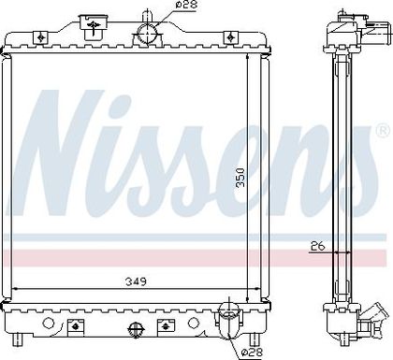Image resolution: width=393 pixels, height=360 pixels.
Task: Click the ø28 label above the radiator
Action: (186, 5)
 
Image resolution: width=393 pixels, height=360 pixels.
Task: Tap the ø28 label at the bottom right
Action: (252, 353)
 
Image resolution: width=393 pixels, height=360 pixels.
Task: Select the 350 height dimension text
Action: (240, 178)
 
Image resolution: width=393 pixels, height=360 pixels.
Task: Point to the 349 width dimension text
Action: (136, 281)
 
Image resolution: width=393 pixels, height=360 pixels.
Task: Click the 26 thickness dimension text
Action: (318, 246)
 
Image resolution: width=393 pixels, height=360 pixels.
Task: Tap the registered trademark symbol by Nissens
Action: (384, 131)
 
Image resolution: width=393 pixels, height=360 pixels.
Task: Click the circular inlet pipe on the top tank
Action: (147, 34)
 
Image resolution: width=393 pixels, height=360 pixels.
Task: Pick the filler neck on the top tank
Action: (93, 26)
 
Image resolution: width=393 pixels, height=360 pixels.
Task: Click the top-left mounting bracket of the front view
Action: (40, 37)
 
